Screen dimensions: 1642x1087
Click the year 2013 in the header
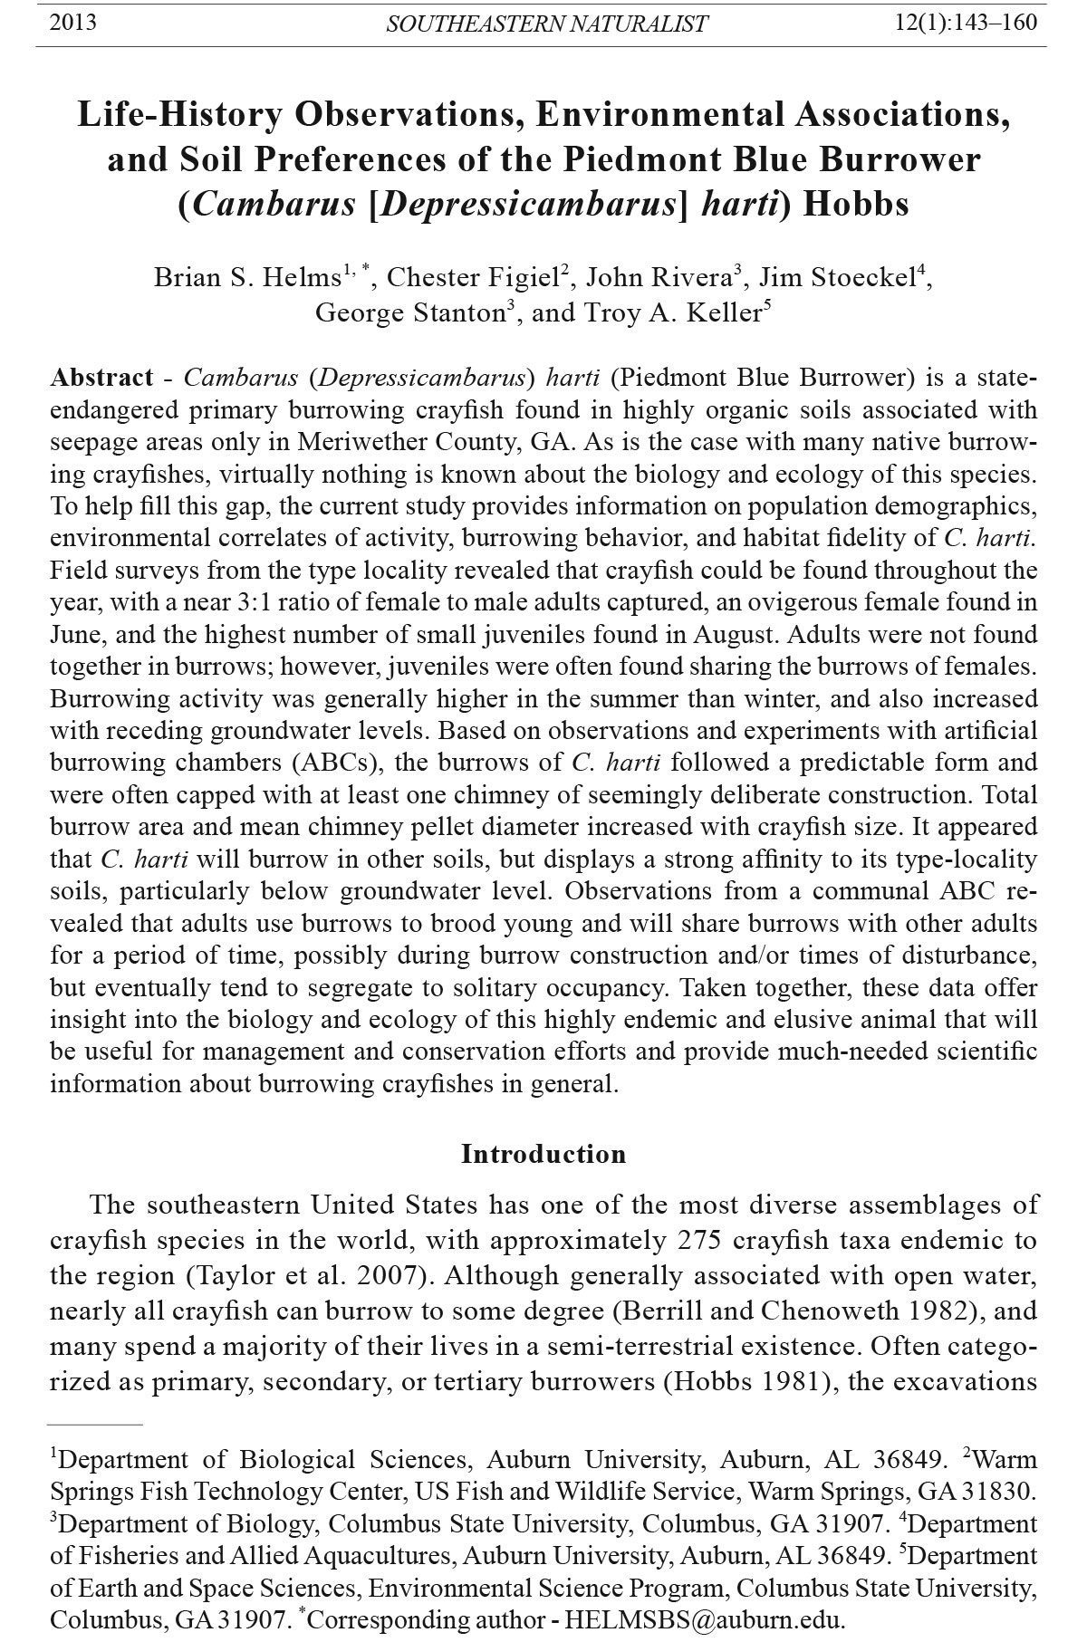72,22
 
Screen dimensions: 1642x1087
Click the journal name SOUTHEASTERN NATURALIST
546,24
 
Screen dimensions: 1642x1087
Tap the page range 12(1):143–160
966,22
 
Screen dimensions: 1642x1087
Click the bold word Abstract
101,378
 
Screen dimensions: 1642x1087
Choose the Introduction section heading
543,1154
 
